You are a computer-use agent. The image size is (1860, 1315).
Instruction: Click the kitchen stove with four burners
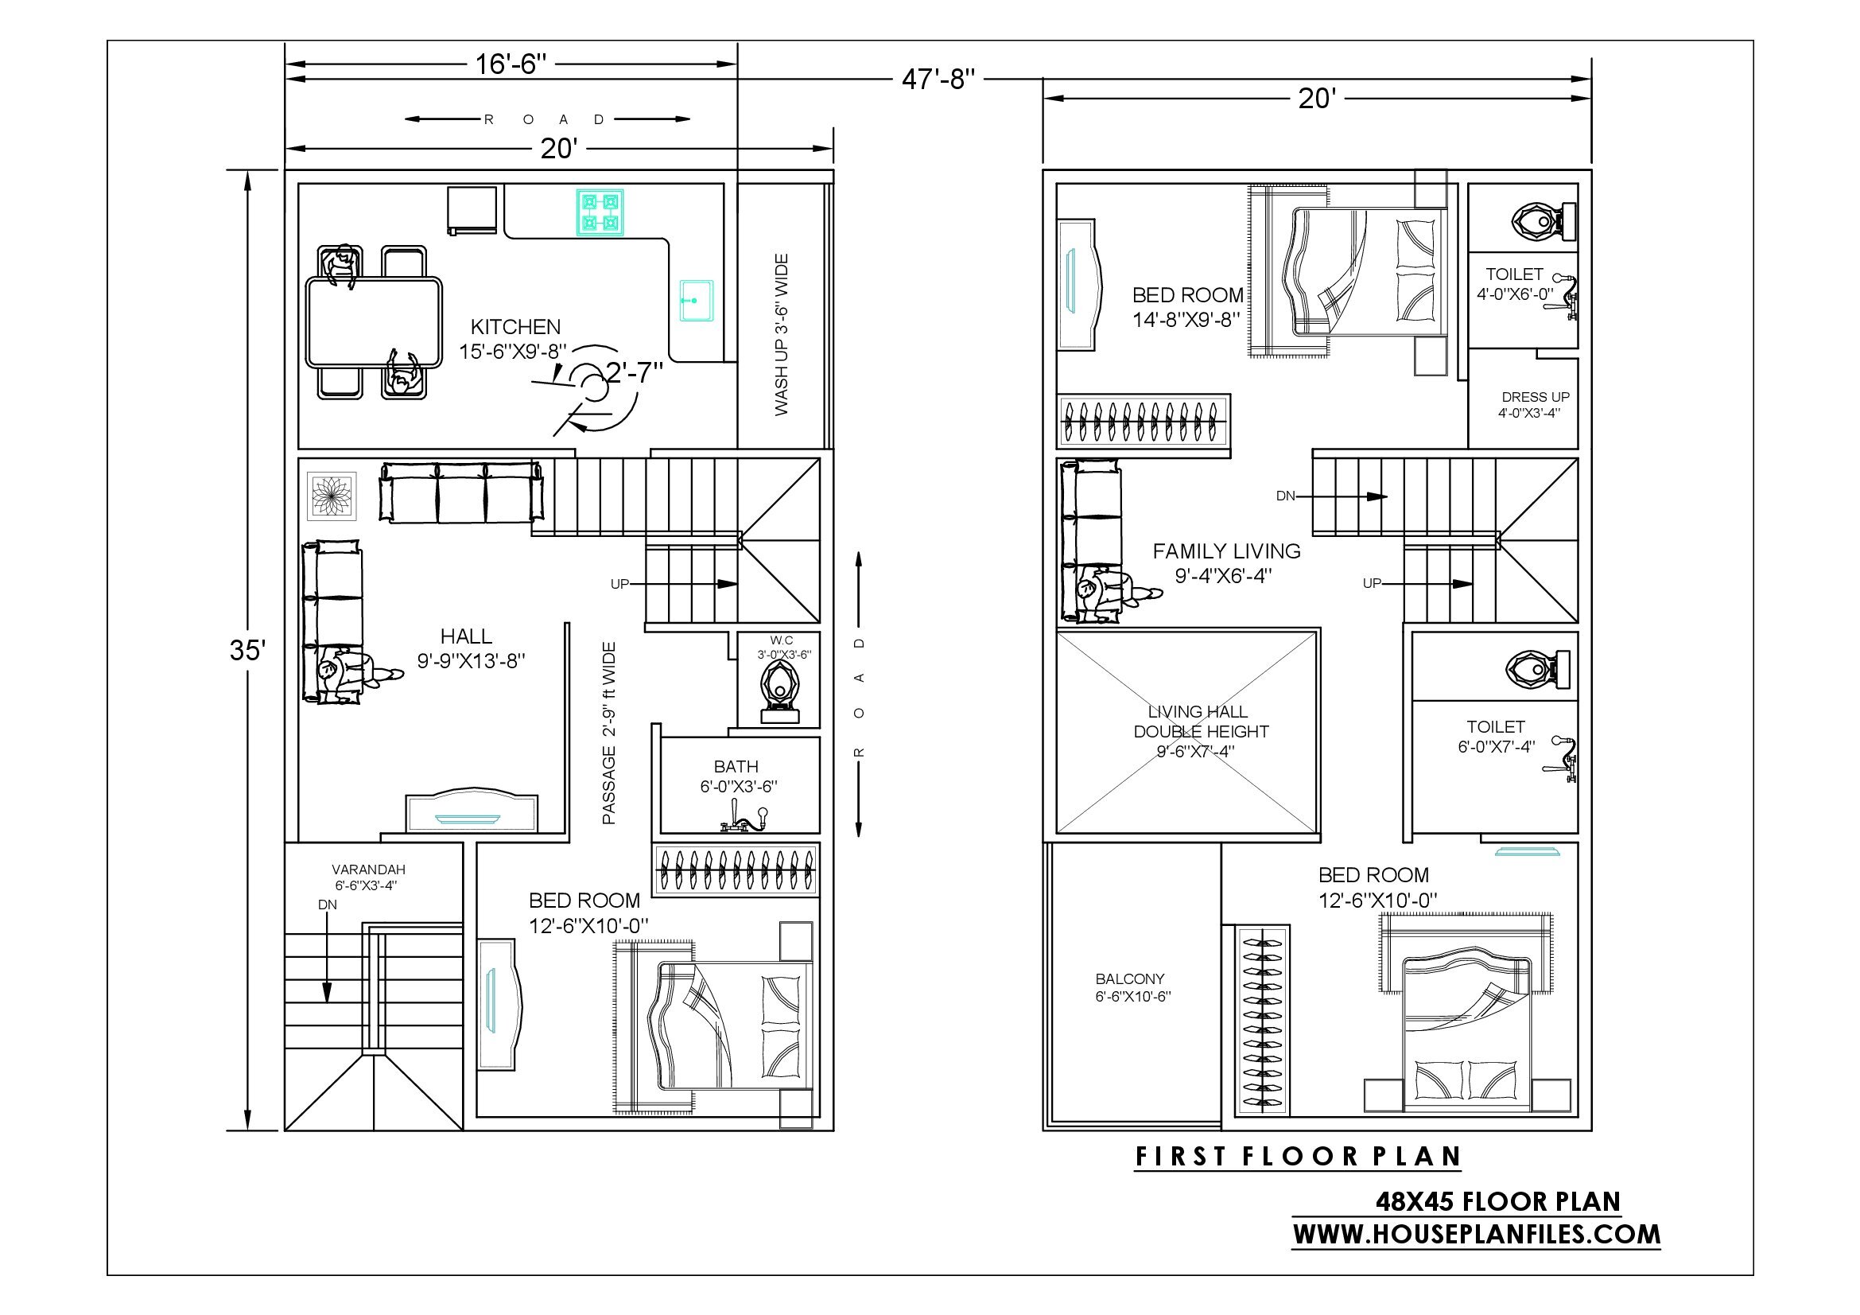600,212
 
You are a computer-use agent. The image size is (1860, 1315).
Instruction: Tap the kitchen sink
696,301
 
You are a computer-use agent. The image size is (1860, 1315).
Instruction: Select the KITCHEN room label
515,326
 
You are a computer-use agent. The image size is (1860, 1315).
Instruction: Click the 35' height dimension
247,650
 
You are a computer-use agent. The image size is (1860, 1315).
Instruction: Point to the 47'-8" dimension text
938,80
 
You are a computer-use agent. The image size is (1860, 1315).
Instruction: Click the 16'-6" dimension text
511,63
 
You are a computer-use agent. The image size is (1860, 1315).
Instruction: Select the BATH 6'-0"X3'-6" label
738,776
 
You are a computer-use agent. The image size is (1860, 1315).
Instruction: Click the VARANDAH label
369,870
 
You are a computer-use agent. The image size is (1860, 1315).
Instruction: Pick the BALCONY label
1130,978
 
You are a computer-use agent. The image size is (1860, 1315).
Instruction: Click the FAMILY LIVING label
1226,551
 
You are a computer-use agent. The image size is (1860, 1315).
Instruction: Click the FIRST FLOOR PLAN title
1298,1156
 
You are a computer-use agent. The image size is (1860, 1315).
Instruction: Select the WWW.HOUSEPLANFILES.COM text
1476,1234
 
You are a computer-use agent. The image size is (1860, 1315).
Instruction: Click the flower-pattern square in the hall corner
332,496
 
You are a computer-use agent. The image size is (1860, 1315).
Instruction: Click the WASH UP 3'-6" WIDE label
781,335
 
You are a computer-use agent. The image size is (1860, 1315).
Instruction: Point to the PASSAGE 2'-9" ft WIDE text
609,733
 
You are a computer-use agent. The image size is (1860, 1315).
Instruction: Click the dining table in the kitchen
375,322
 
